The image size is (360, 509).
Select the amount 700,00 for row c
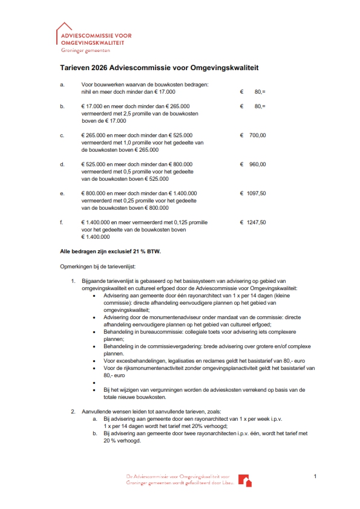pyautogui.click(x=257, y=135)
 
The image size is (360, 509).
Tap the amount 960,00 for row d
pyautogui.click(x=257, y=164)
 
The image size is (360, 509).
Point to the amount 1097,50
pyautogui.click(x=256, y=193)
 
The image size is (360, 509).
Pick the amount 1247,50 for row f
pyautogui.click(x=256, y=222)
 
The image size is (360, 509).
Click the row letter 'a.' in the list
pyautogui.click(x=62, y=84)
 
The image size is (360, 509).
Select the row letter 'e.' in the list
pyautogui.click(x=62, y=193)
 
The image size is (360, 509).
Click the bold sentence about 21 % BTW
pyautogui.click(x=111, y=250)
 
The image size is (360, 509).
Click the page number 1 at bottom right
pyautogui.click(x=315, y=478)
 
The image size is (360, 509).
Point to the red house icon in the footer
pyautogui.click(x=246, y=481)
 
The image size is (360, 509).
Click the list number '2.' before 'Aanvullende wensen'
pyautogui.click(x=73, y=411)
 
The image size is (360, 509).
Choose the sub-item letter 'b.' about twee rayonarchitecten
pyautogui.click(x=94, y=433)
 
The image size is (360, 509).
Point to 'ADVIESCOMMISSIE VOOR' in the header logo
pyautogui.click(x=96, y=36)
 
